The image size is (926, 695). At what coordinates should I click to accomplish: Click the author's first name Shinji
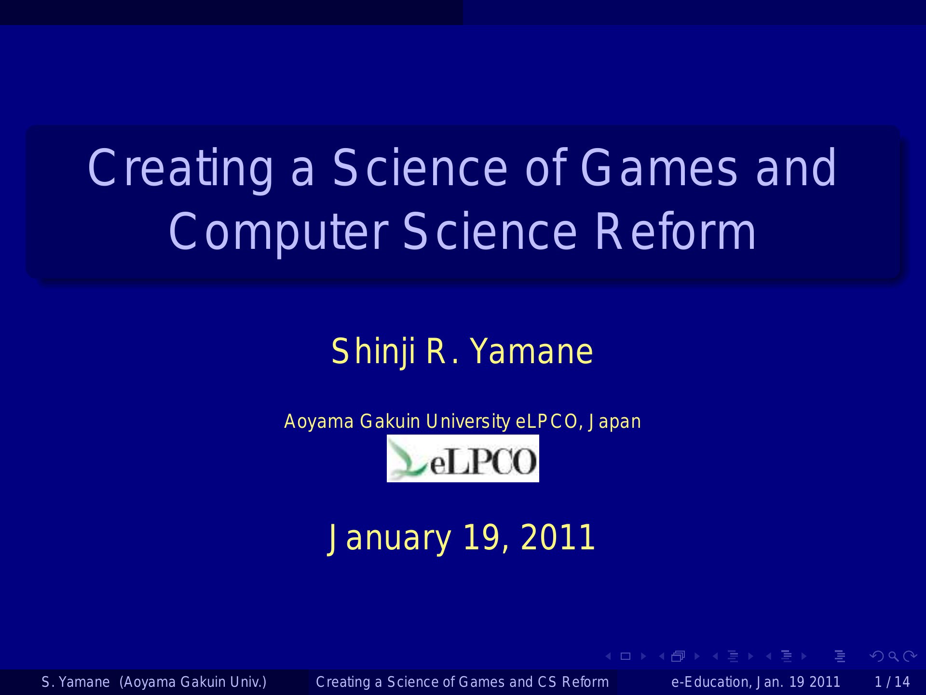point(373,352)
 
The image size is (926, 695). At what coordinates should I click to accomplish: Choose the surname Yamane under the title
point(531,351)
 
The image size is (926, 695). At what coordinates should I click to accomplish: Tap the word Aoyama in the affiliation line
point(319,422)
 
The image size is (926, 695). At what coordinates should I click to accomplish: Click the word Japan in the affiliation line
point(614,422)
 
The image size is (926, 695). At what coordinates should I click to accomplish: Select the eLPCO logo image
point(463,458)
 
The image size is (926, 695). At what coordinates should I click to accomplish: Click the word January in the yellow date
point(389,538)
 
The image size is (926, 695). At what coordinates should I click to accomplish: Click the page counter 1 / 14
point(892,682)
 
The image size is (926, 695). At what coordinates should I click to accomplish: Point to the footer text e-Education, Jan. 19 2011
point(755,682)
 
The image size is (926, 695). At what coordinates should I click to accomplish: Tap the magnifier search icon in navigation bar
point(894,656)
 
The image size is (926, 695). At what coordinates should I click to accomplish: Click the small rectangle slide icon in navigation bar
point(626,656)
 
